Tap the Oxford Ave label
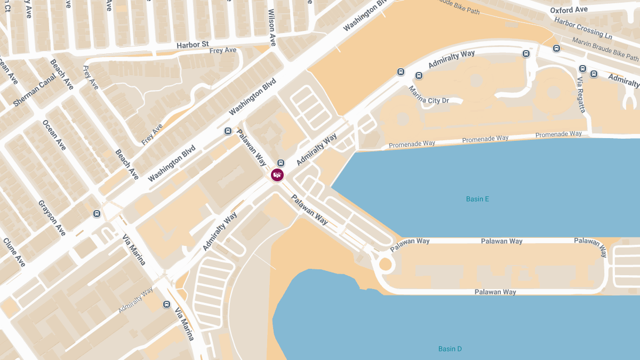click(x=569, y=10)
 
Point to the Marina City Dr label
click(x=429, y=93)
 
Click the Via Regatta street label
click(x=581, y=94)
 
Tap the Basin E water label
click(x=477, y=199)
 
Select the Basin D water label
click(x=450, y=349)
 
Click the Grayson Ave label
click(x=52, y=218)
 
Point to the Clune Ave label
click(x=14, y=252)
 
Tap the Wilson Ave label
click(x=272, y=27)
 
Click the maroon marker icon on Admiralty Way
click(x=277, y=174)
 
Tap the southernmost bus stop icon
click(x=166, y=305)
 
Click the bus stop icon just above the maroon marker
click(x=281, y=163)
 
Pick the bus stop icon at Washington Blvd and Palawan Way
click(x=228, y=131)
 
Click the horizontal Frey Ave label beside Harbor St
click(x=223, y=51)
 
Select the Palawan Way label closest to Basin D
click(x=495, y=292)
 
